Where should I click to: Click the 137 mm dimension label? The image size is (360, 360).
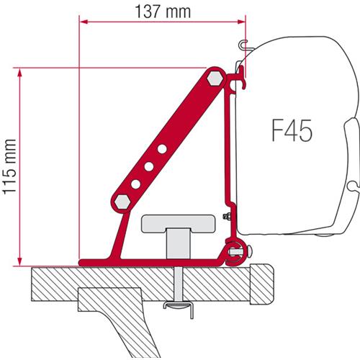pyautogui.click(x=160, y=12)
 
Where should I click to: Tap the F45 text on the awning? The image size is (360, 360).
pyautogui.click(x=293, y=132)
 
